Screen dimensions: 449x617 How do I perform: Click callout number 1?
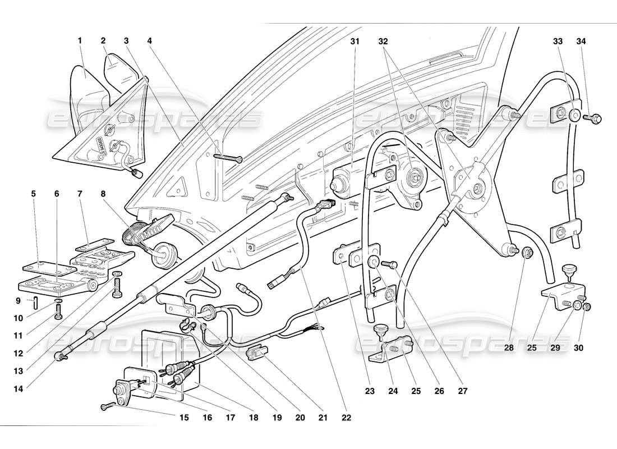[x=80, y=40]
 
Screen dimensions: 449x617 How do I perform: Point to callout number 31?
[x=354, y=41]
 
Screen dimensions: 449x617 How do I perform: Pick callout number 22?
[x=349, y=418]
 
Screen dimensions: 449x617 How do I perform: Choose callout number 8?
[x=103, y=194]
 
